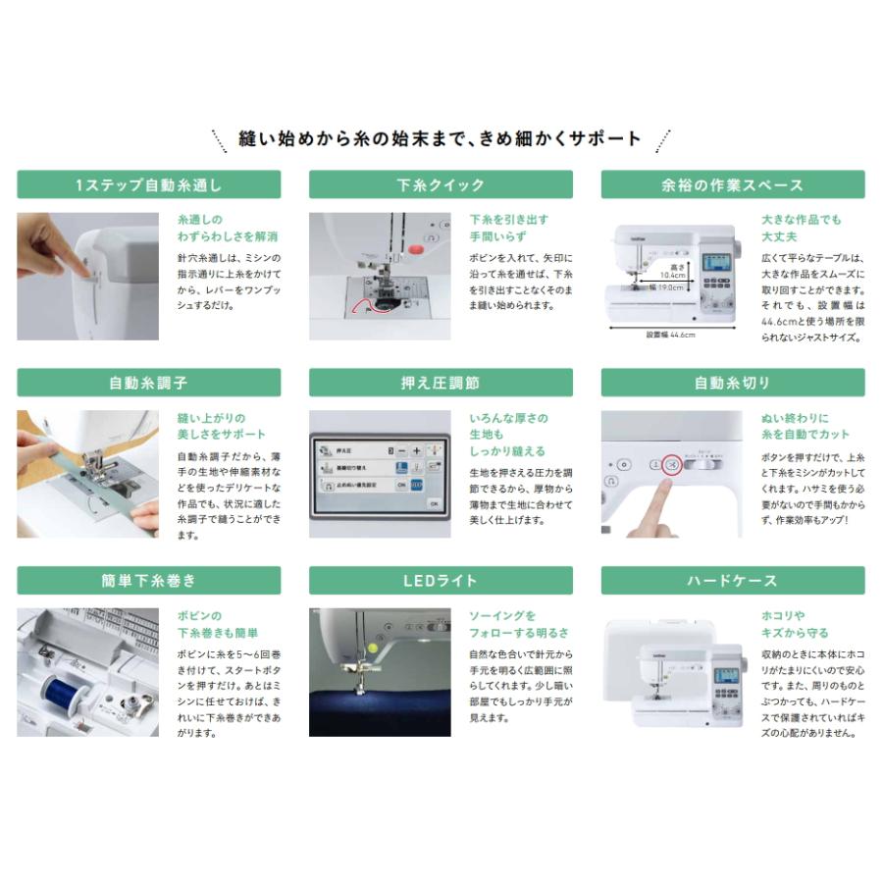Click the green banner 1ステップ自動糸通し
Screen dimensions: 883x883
tap(149, 185)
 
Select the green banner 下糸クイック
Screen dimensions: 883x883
tap(441, 185)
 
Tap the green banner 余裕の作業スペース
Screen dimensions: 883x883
tap(733, 185)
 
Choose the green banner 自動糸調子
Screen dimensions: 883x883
tap(149, 383)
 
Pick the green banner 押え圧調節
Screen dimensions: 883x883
tap(441, 383)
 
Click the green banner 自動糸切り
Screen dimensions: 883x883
tap(733, 383)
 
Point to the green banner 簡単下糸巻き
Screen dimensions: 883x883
tap(149, 580)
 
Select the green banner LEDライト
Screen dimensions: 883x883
tap(441, 580)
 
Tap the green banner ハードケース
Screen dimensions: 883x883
tap(733, 580)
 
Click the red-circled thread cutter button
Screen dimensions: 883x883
tap(671, 465)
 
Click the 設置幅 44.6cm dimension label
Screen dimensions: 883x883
tap(670, 334)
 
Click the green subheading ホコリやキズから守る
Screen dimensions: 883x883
tap(795, 624)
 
